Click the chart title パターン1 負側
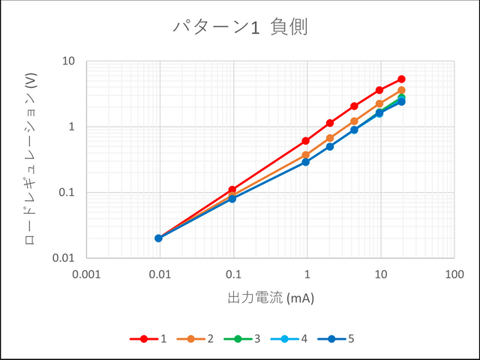click(x=240, y=28)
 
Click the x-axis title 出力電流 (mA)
click(x=270, y=298)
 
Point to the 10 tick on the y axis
click(x=68, y=61)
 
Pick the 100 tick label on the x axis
click(x=454, y=274)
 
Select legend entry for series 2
click(x=198, y=339)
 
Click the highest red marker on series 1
click(x=401, y=79)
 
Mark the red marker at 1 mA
click(x=306, y=141)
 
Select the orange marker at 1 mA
click(x=306, y=155)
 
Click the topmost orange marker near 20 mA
click(x=401, y=90)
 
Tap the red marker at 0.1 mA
click(x=232, y=190)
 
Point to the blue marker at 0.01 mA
click(x=159, y=238)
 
